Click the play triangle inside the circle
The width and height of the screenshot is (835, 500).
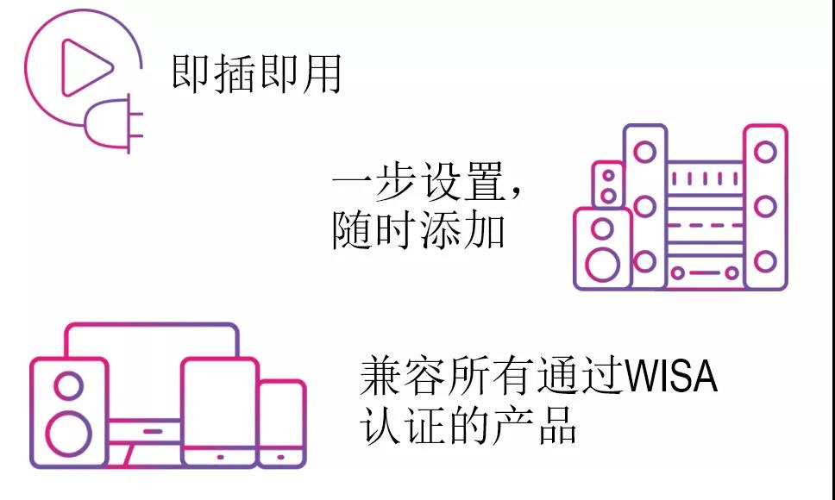[85, 67]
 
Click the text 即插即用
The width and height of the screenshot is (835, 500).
[257, 74]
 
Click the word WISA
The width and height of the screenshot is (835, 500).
[670, 377]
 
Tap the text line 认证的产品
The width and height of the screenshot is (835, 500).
[468, 426]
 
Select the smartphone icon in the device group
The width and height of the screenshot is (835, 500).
[281, 423]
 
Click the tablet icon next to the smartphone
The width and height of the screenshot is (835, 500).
[219, 412]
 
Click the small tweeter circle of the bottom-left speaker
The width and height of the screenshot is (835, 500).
[69, 385]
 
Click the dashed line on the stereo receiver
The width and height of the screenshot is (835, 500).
[705, 226]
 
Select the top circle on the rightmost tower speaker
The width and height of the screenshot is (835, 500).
[765, 152]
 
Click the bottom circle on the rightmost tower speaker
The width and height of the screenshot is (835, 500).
[765, 261]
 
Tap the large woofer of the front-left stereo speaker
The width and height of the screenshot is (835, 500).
[603, 265]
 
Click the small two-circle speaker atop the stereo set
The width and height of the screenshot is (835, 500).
[607, 185]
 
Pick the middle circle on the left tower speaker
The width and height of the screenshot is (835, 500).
[645, 206]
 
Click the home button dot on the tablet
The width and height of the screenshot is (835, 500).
[220, 457]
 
